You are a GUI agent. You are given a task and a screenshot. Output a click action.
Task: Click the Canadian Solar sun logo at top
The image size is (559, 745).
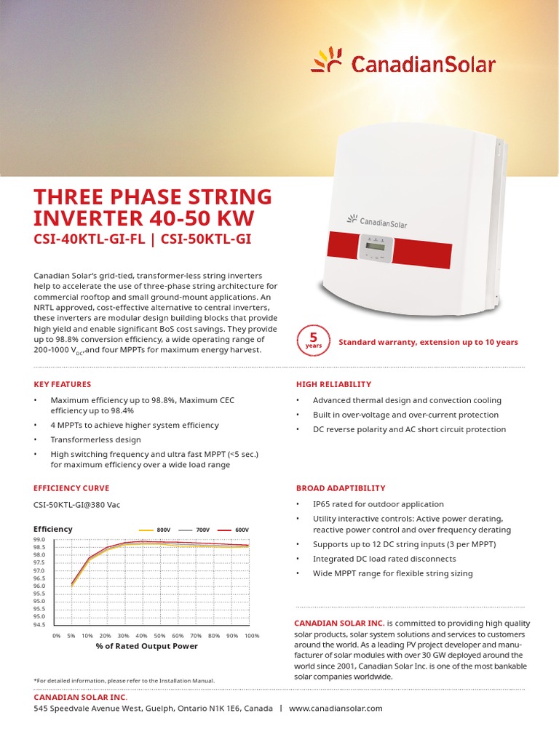pyautogui.click(x=326, y=60)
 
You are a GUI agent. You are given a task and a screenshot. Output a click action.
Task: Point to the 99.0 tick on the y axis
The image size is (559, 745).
pyautogui.click(x=39, y=539)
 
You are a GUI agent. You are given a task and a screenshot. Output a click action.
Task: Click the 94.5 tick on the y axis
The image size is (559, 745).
pyautogui.click(x=39, y=624)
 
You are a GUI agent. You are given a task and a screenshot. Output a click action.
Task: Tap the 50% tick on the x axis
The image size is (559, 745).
pyautogui.click(x=159, y=635)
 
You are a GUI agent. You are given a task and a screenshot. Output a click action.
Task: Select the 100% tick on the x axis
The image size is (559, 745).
pyautogui.click(x=251, y=635)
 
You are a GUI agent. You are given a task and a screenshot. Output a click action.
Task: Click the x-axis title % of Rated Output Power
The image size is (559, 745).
pyautogui.click(x=146, y=646)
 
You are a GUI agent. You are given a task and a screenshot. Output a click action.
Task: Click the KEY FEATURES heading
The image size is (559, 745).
pyautogui.click(x=63, y=384)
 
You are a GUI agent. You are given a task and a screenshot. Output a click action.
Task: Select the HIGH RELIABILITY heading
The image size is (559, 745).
pyautogui.click(x=333, y=384)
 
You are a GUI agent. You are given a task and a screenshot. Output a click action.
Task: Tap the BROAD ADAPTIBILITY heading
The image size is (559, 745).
pyautogui.click(x=341, y=488)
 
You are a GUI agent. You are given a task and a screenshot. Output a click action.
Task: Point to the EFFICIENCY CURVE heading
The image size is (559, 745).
pyautogui.click(x=71, y=488)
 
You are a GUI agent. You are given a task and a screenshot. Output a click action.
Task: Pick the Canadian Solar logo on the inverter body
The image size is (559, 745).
pyautogui.click(x=376, y=221)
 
